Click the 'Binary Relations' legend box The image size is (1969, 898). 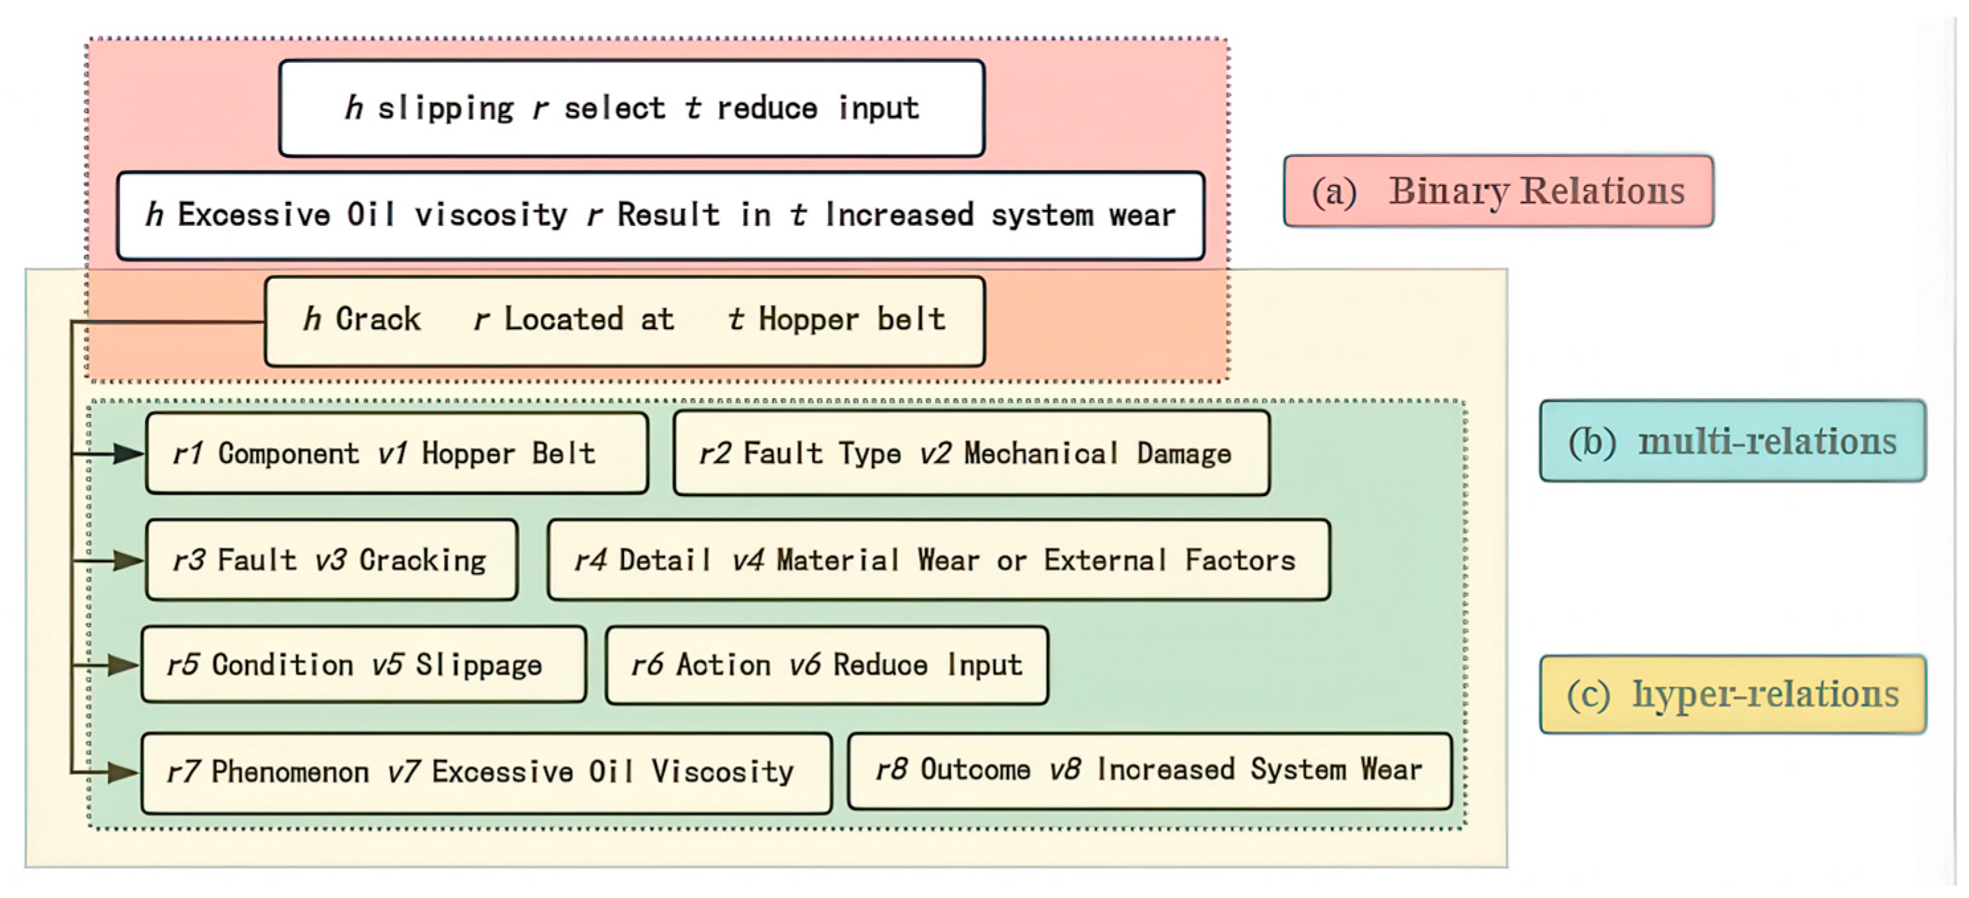pos(1497,191)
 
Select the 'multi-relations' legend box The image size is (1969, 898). pos(1732,441)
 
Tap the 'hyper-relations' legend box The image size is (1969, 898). pos(1732,695)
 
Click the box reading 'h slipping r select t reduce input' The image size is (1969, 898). pos(631,109)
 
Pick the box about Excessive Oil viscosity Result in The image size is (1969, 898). pos(660,216)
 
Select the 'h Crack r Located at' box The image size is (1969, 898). pos(625,321)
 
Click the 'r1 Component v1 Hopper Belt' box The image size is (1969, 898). pos(397,454)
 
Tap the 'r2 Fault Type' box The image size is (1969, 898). pos(971,454)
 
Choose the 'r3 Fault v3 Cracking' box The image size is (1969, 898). pos(331,560)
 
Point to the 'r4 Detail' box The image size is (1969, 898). pos(938,560)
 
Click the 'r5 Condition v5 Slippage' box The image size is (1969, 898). pos(363,665)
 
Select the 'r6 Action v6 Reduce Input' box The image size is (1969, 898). pos(826,665)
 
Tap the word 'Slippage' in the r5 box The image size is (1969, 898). pos(478,665)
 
